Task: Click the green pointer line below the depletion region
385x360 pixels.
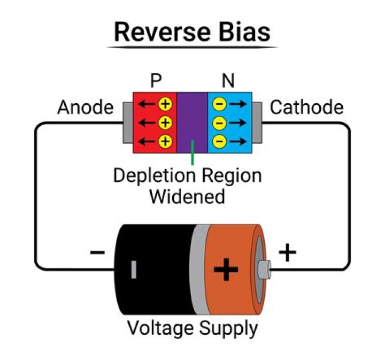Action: (x=192, y=156)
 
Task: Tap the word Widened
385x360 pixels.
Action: (x=187, y=196)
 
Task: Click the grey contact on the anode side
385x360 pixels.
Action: (x=128, y=122)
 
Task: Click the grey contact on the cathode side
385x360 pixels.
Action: (x=256, y=122)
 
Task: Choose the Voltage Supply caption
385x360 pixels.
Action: (x=192, y=328)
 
